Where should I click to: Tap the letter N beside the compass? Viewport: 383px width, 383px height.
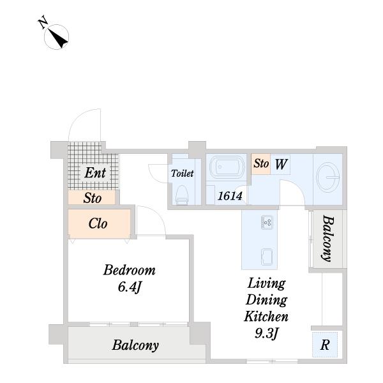point(43,22)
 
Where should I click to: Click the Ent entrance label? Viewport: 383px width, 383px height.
point(95,173)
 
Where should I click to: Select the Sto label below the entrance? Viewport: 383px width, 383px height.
point(93,198)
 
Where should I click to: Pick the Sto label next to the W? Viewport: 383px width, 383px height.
point(261,163)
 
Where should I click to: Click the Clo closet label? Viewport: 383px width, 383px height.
point(98,223)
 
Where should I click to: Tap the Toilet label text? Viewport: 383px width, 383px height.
point(182,174)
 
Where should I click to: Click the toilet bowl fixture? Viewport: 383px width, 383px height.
point(182,195)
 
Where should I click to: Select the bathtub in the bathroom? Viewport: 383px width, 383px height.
point(227,167)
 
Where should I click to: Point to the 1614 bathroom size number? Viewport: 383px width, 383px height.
point(230,196)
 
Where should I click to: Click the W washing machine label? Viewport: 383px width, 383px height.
point(281,164)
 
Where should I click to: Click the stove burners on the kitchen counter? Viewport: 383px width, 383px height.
point(267,222)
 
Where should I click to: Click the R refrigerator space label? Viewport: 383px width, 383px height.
point(325,345)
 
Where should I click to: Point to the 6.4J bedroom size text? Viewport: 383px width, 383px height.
point(130,287)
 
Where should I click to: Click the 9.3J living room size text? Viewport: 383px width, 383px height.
point(266,333)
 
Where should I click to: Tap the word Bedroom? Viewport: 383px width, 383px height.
point(130,271)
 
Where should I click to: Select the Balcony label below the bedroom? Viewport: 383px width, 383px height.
point(135,345)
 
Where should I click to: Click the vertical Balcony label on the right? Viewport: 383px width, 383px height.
point(327,238)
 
